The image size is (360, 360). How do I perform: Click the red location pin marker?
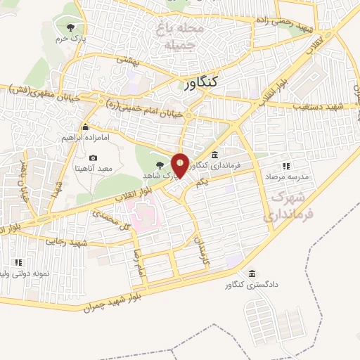[x=181, y=165]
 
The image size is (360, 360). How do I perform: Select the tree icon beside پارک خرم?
[x=70, y=27]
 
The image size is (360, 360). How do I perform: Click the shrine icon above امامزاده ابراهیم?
[x=85, y=127]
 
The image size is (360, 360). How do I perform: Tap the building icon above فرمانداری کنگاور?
[x=214, y=155]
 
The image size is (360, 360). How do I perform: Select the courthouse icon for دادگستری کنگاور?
[x=252, y=273]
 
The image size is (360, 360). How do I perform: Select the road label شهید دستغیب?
[x=321, y=105]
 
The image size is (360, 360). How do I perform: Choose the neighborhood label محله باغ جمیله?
[x=181, y=38]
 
